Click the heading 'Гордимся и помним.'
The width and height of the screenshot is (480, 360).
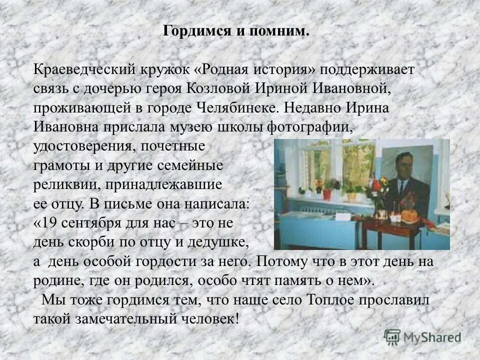click(x=236, y=31)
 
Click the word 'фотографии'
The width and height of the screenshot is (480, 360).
click(x=311, y=127)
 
